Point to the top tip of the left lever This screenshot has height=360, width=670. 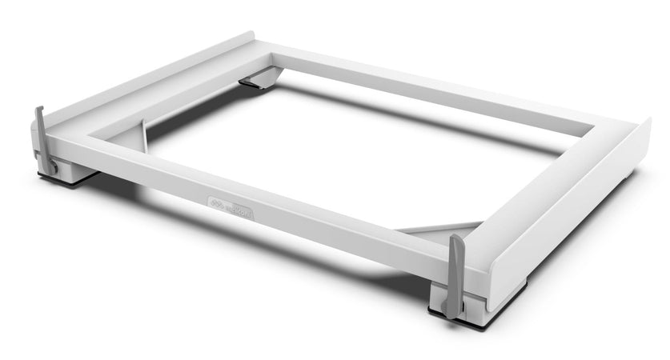point(38,109)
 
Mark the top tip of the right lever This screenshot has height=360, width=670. point(455,238)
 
